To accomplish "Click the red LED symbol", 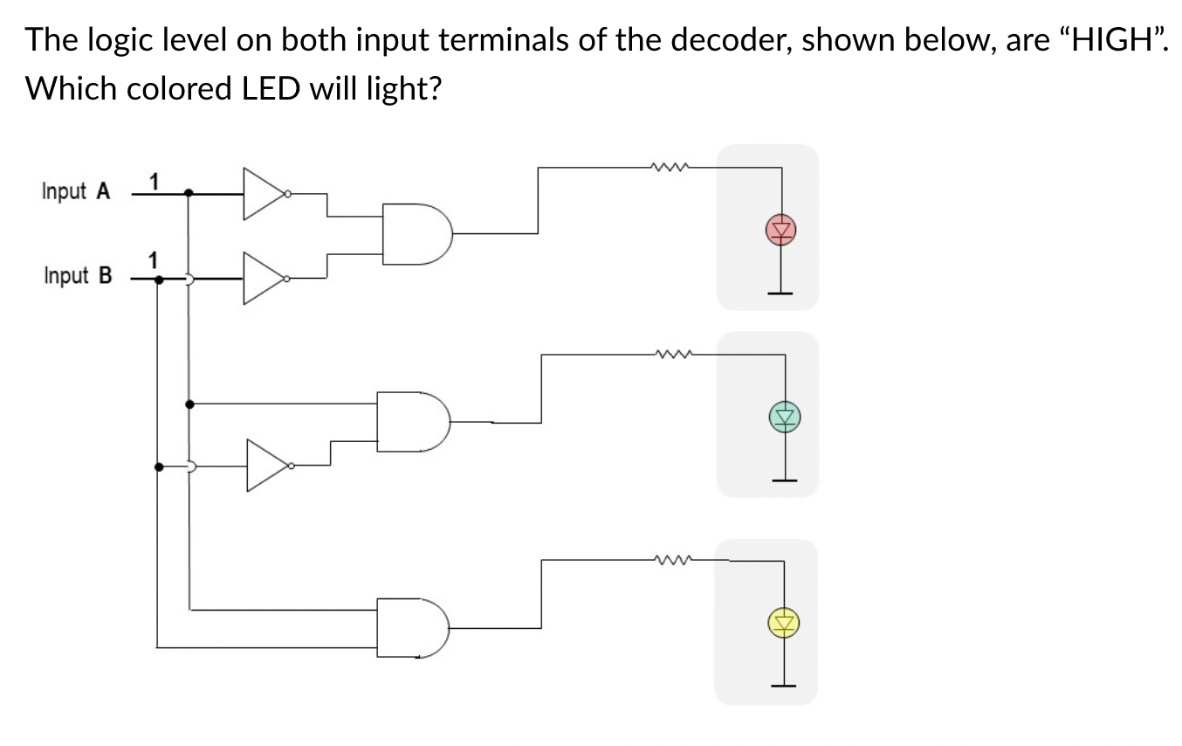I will (x=781, y=230).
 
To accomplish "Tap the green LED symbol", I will (x=785, y=416).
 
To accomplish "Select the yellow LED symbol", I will (x=784, y=623).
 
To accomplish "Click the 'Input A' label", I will (x=76, y=191).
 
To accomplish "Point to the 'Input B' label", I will (x=77, y=276).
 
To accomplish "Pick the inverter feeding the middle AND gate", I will (x=269, y=465).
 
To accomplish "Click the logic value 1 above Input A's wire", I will (x=154, y=182).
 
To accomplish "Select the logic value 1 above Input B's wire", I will (x=154, y=259).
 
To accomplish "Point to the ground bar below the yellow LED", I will (x=783, y=686).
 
